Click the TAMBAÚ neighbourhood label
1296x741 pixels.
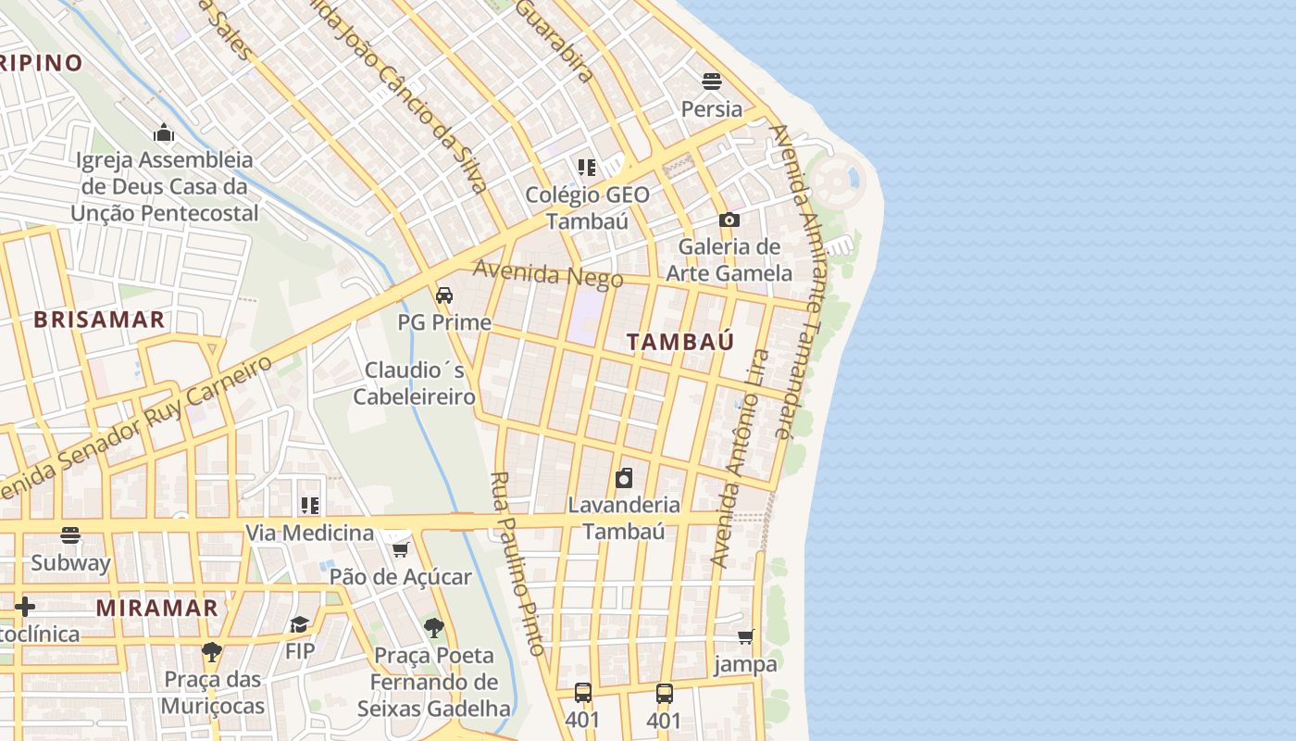(680, 342)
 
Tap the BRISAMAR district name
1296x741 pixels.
(99, 320)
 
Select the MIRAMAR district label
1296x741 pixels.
(157, 609)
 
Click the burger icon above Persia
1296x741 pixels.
(712, 82)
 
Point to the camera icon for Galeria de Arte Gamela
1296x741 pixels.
(729, 220)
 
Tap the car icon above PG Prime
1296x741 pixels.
(444, 295)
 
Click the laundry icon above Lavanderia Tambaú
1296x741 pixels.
(625, 479)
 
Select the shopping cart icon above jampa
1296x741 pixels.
(746, 637)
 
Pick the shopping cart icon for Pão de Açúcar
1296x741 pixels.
(400, 550)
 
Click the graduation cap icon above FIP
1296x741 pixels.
(299, 624)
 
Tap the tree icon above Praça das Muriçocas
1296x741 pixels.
(212, 652)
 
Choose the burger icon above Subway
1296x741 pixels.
(70, 535)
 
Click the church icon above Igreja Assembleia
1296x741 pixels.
(165, 132)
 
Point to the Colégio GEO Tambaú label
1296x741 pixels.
(588, 207)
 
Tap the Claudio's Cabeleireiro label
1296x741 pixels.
(415, 383)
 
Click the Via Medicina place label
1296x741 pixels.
(309, 534)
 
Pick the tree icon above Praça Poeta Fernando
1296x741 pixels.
(433, 628)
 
